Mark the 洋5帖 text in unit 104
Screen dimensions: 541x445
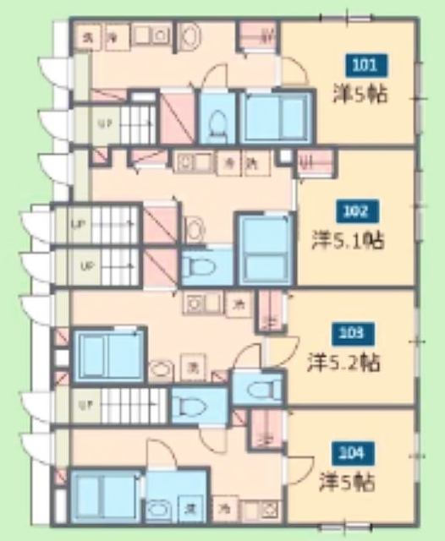348,483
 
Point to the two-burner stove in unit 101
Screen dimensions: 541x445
151,36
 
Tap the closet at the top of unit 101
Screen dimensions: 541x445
257,36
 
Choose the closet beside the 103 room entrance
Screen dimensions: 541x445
270,312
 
